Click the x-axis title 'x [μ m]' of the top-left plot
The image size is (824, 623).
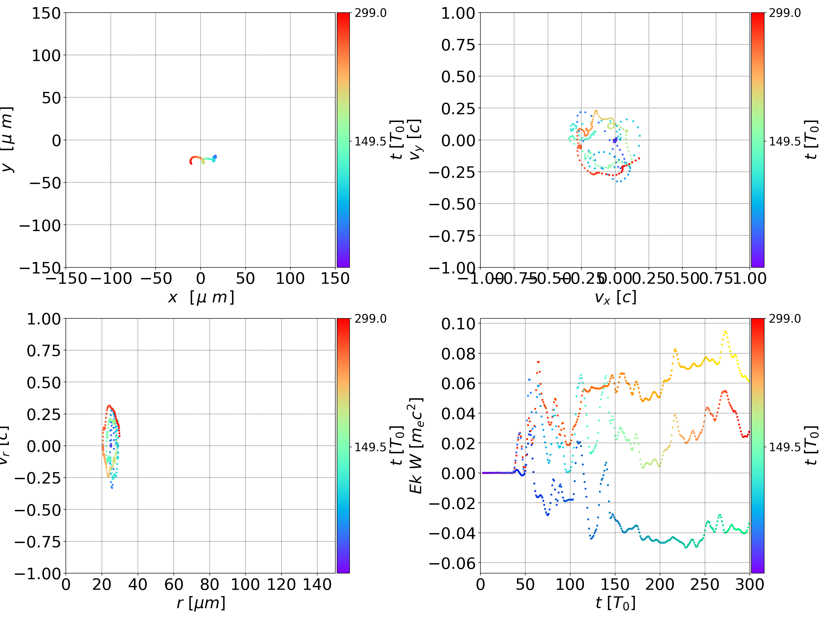point(201,297)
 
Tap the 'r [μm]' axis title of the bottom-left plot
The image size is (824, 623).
point(201,603)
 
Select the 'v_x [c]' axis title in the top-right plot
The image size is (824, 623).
point(615,297)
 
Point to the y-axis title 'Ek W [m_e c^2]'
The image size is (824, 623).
point(416,445)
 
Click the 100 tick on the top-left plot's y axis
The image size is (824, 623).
point(46,56)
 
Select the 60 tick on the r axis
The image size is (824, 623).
point(174,585)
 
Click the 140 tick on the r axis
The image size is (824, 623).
point(317,585)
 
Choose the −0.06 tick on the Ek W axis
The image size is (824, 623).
point(452,563)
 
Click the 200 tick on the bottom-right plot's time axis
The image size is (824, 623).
point(660,585)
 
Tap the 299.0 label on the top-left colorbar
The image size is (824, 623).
point(370,13)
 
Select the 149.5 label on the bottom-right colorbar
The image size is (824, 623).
point(785,447)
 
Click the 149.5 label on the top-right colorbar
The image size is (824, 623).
point(785,141)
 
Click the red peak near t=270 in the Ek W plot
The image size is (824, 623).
point(724,391)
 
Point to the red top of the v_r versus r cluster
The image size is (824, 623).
point(109,406)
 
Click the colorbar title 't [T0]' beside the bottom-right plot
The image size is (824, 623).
point(811,445)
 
